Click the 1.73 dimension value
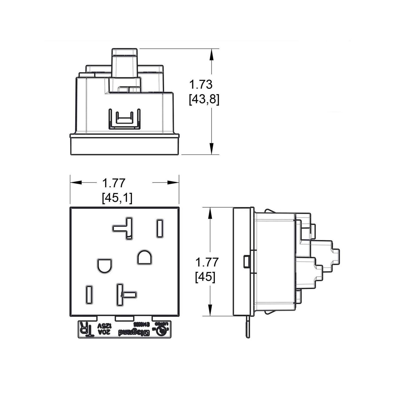point(201,84)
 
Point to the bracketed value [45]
point(205,277)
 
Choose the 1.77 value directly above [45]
point(207,262)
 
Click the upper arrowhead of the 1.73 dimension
point(211,54)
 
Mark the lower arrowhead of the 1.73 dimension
point(211,148)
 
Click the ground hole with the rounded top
point(145,257)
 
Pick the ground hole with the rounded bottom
point(104,265)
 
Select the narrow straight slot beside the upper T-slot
point(160,228)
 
